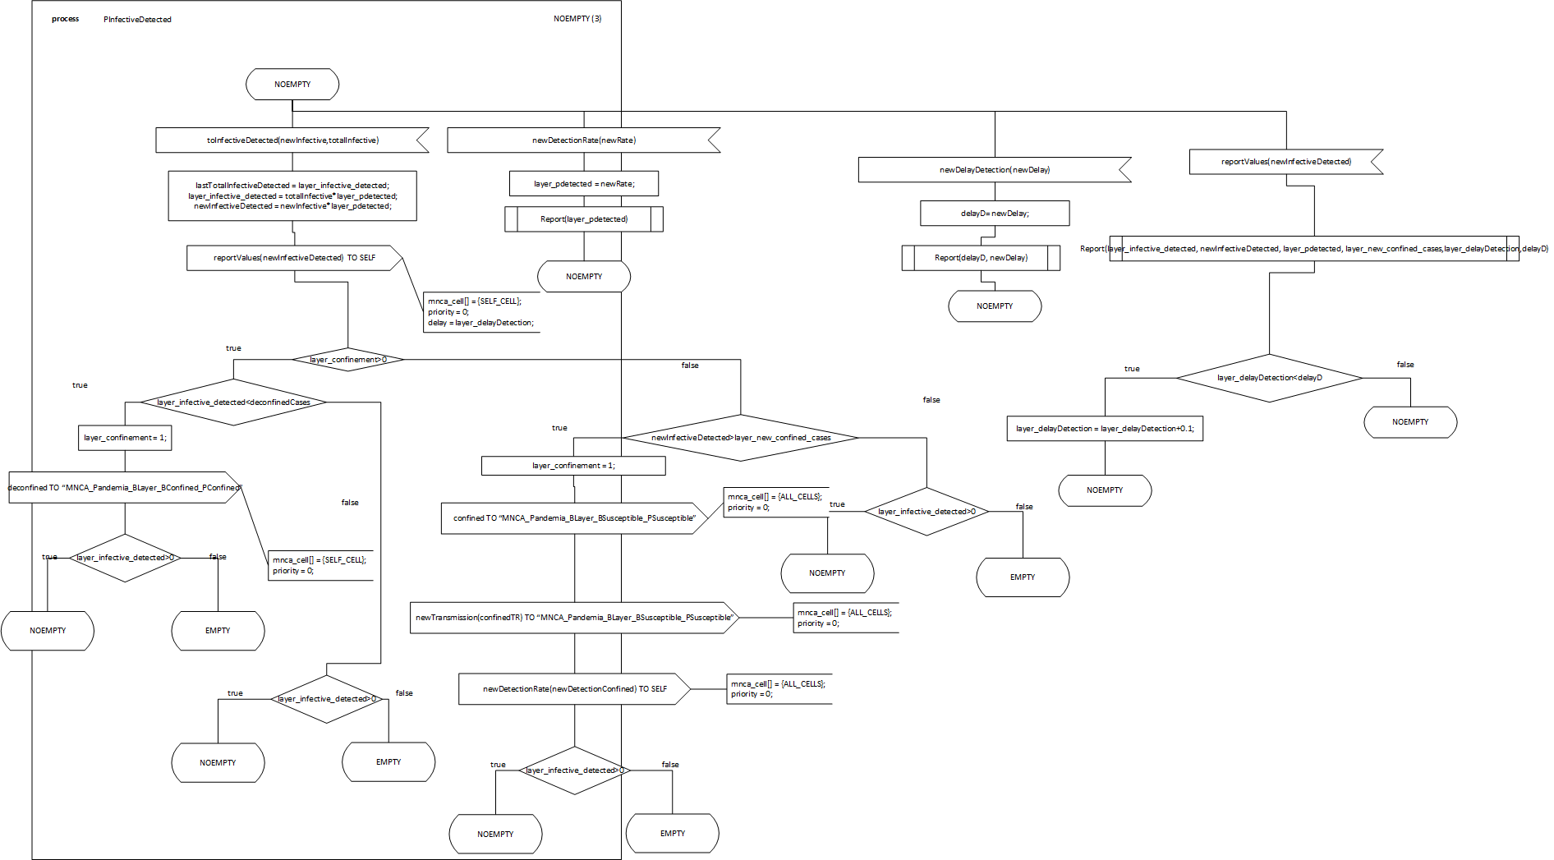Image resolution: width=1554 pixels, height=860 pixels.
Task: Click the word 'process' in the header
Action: [65, 19]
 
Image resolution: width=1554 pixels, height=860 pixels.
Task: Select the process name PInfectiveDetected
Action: [137, 20]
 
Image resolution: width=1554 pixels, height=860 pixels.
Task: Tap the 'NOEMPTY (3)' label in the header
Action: [577, 19]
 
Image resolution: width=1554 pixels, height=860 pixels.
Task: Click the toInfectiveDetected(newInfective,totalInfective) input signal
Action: [292, 140]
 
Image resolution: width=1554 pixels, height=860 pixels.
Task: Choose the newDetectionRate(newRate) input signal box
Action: [583, 140]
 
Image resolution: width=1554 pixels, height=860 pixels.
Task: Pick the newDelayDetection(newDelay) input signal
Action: [994, 170]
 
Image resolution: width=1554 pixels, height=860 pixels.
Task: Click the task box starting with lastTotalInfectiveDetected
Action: [292, 195]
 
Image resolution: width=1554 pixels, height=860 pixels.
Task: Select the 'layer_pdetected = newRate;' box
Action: [583, 184]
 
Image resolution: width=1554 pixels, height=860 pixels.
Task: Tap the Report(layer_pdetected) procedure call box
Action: [583, 219]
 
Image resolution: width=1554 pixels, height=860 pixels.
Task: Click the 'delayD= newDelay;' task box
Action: [994, 214]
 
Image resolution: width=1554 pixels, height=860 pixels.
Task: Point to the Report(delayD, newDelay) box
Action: [981, 258]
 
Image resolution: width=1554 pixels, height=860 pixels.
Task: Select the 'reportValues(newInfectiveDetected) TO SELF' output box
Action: [294, 258]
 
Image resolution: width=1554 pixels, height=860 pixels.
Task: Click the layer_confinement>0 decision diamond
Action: [347, 360]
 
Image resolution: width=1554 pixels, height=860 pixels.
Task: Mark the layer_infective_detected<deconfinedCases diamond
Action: [233, 402]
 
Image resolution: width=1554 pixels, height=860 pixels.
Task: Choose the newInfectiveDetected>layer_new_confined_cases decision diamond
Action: [740, 438]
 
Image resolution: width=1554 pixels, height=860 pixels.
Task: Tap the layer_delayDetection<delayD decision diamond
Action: [1269, 378]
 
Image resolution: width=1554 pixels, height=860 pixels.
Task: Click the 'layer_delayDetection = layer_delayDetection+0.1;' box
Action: [1104, 429]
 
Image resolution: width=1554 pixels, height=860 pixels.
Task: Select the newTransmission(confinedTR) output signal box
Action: [573, 618]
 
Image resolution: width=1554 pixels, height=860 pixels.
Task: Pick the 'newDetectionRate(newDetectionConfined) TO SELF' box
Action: [574, 689]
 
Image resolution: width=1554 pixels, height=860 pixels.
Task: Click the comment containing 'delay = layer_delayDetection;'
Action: [480, 312]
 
